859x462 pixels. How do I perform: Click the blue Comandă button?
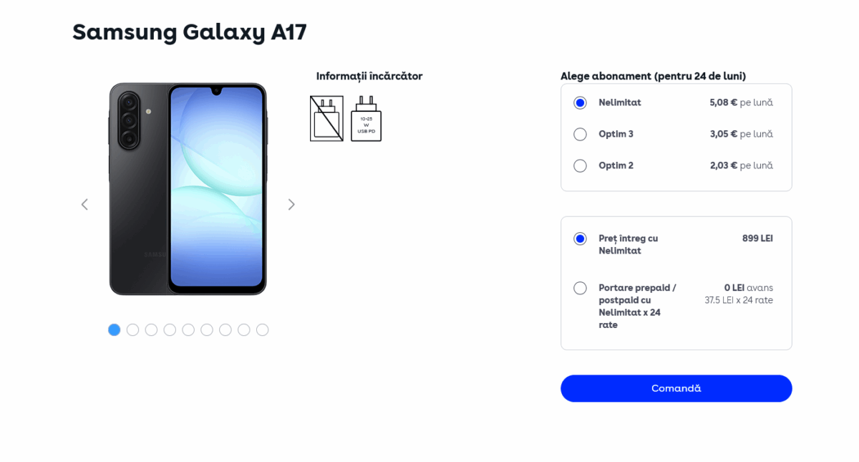pyautogui.click(x=676, y=388)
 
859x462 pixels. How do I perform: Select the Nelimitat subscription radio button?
pyautogui.click(x=580, y=103)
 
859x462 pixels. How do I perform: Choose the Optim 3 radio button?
pyautogui.click(x=580, y=135)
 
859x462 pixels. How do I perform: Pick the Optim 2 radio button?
pyautogui.click(x=580, y=165)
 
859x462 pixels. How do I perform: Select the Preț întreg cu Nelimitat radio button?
pyautogui.click(x=580, y=239)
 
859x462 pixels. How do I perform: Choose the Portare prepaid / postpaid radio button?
pyautogui.click(x=580, y=288)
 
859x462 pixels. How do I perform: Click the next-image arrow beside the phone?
pyautogui.click(x=291, y=205)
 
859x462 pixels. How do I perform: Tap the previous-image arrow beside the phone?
pyautogui.click(x=84, y=205)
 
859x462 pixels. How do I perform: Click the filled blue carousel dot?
pyautogui.click(x=115, y=329)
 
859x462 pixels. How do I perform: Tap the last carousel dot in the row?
pyautogui.click(x=262, y=329)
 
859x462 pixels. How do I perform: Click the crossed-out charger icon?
pyautogui.click(x=326, y=119)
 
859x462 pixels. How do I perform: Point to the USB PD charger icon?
pyautogui.click(x=367, y=119)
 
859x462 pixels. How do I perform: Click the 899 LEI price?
pyautogui.click(x=757, y=239)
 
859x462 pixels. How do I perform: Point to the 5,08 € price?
pyautogui.click(x=723, y=102)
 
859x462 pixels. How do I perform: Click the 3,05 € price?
pyautogui.click(x=723, y=134)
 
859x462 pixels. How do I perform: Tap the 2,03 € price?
pyautogui.click(x=723, y=165)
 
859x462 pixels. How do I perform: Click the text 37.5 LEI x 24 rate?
pyautogui.click(x=739, y=300)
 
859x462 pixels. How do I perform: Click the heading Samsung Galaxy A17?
pyautogui.click(x=190, y=32)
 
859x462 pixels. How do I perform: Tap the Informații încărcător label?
pyautogui.click(x=369, y=77)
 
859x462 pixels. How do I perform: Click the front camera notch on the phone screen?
pyautogui.click(x=217, y=91)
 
